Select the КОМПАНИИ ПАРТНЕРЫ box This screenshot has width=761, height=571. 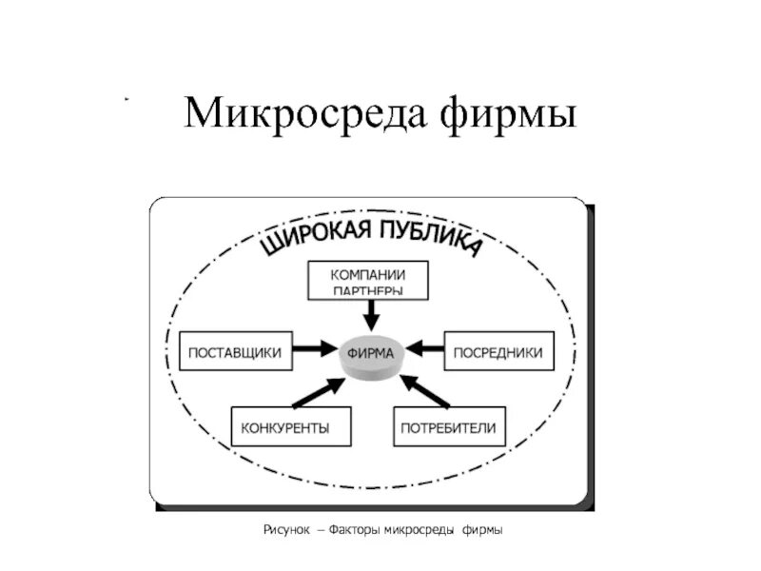(368, 279)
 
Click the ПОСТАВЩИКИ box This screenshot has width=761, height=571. (235, 352)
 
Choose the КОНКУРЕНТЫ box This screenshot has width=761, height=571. (285, 427)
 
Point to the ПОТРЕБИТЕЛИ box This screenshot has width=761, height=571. (450, 427)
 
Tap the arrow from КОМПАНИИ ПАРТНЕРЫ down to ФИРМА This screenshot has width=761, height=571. (370, 313)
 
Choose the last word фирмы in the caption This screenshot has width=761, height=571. (482, 528)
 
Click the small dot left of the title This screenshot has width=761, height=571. (126, 99)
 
